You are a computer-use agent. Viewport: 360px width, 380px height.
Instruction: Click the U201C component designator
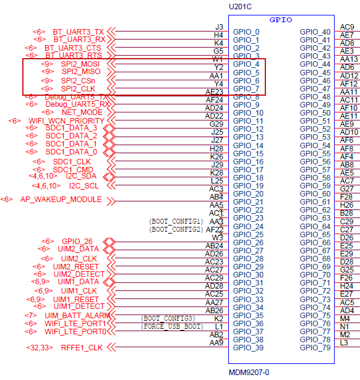241,6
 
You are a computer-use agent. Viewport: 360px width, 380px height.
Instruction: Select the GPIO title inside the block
281,20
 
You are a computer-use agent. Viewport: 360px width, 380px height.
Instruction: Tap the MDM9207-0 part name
249,373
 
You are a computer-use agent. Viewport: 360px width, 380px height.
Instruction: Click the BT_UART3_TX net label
78,31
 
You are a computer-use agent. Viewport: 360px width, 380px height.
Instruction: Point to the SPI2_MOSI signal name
81,64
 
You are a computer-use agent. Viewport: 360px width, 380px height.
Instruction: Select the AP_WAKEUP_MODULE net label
61,200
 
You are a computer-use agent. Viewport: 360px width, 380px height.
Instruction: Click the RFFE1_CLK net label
82,348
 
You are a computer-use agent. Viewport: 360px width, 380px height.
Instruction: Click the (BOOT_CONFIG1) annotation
176,221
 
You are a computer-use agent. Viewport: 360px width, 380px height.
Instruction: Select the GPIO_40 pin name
315,32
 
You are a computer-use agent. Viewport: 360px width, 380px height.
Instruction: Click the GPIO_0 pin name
246,32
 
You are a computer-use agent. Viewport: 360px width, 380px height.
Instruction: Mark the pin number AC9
347,27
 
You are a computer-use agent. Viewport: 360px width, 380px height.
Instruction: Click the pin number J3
219,27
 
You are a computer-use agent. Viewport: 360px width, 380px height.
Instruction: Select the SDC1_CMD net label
73,169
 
